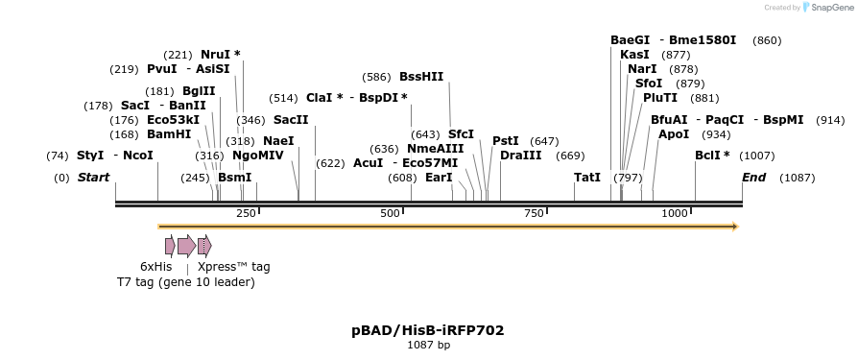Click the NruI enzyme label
tap(216, 55)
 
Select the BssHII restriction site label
tap(421, 76)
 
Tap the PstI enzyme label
tap(506, 141)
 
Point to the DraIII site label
tap(521, 156)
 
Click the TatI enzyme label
tap(587, 178)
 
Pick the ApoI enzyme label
tap(674, 134)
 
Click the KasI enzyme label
tap(634, 55)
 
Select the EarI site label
tap(440, 178)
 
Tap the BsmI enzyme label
tap(234, 178)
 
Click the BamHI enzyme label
tap(169, 134)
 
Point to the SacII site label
tap(291, 120)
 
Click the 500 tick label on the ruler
tap(391, 212)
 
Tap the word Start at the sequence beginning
tap(93, 178)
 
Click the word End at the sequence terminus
tap(754, 178)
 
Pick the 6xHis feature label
tap(155, 267)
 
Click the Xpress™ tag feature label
tap(233, 267)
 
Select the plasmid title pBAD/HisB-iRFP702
tap(428, 330)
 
